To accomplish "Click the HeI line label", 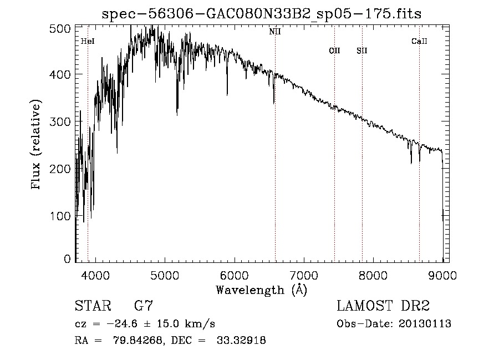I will (x=87, y=42).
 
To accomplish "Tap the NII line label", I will (x=275, y=32).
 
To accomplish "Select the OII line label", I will (x=334, y=51).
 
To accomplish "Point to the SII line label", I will (x=362, y=51).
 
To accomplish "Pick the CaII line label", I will (x=419, y=42).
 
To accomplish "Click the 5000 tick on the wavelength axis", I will (x=165, y=274).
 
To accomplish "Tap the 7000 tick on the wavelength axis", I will (x=304, y=274).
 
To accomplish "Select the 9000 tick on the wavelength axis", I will (x=442, y=274).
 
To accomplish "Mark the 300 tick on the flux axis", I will (x=64, y=121).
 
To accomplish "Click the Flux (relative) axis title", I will (x=37, y=145).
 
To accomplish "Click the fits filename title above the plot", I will (x=262, y=14).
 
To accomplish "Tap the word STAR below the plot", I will (x=92, y=306).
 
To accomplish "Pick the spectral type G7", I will (x=143, y=306).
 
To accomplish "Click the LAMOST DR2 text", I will (x=383, y=306).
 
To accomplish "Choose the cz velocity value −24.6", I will (x=111, y=324).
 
